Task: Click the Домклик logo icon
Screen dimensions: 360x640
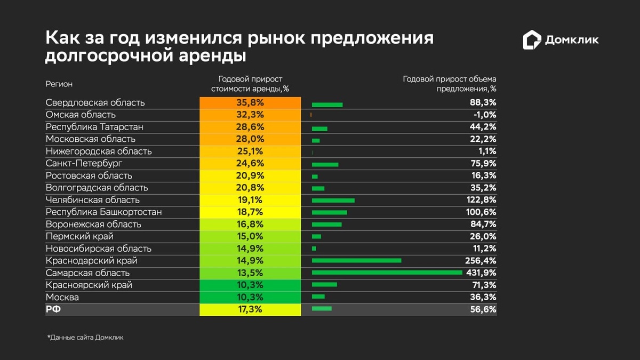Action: [x=532, y=40]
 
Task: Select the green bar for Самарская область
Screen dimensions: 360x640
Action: [x=387, y=273]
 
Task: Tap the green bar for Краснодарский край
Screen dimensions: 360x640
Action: [x=356, y=260]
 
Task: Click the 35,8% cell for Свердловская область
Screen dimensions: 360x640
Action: [x=250, y=102]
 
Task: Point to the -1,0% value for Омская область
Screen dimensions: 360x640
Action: [x=483, y=115]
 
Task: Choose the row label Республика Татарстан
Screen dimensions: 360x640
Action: [x=94, y=127]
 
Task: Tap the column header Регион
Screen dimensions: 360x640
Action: [x=59, y=84]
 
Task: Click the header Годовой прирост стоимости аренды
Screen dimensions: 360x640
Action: [x=250, y=84]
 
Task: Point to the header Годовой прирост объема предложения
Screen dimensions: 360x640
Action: [x=450, y=84]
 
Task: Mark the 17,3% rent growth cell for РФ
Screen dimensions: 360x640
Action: [x=250, y=309]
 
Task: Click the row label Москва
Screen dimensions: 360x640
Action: [x=62, y=297]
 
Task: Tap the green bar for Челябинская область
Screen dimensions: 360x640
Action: [x=333, y=200]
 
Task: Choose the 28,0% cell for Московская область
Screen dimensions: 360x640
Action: [x=250, y=139]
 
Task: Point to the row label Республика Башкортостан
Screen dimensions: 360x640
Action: [x=103, y=212]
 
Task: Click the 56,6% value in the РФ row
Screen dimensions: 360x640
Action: [x=483, y=309]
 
